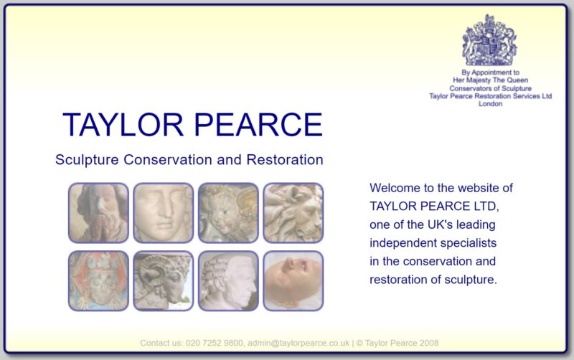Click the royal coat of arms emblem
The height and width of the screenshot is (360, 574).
489,40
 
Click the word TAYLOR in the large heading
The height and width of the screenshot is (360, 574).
123,125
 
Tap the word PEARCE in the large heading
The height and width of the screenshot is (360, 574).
258,125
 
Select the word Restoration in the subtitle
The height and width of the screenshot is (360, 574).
285,160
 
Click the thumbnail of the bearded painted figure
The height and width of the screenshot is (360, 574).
98,213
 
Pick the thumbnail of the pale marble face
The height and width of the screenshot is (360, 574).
164,213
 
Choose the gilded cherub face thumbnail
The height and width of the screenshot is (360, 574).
228,213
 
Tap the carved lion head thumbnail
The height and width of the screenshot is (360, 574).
293,213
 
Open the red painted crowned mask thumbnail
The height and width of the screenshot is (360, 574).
98,281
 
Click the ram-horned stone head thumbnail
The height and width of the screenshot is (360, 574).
164,281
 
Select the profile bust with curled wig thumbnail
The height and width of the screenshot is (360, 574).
228,281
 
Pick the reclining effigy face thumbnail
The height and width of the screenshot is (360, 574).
293,281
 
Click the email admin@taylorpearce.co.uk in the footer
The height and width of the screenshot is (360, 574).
298,344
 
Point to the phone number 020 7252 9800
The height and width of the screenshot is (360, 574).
214,344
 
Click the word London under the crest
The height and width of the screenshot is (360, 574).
491,104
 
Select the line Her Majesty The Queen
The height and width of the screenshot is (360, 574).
491,80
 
